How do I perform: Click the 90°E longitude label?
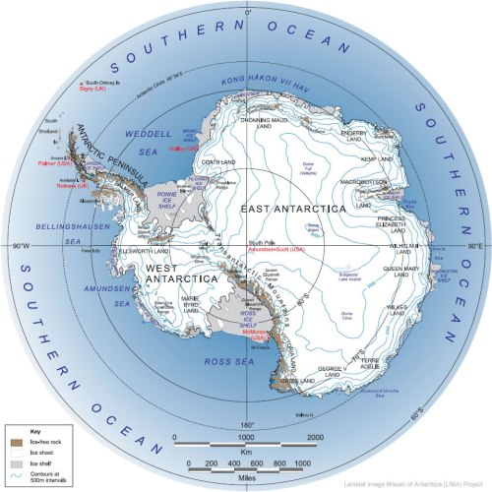click(473, 245)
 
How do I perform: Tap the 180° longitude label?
click(248, 426)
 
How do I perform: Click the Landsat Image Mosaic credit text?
click(413, 485)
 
